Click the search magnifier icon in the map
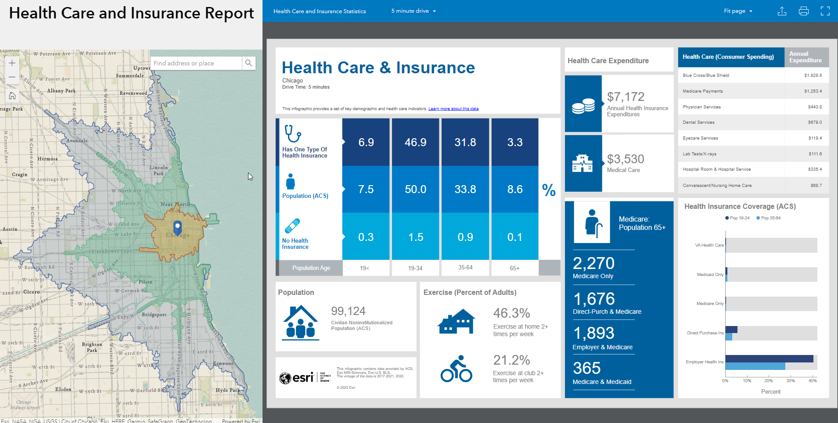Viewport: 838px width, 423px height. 248,63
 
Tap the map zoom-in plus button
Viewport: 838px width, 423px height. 12,63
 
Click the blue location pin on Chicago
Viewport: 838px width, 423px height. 177,227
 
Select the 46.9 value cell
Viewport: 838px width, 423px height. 415,142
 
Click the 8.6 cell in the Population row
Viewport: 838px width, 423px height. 514,189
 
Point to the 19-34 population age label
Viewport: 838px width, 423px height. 415,268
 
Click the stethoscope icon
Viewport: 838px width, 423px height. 292,133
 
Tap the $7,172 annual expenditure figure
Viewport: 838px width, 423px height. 626,97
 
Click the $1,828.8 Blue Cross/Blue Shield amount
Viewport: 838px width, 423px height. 813,75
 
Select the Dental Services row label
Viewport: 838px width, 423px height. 698,122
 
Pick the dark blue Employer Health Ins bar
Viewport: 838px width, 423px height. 769,358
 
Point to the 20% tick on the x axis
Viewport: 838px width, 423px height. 768,381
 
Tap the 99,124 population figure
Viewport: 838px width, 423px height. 348,311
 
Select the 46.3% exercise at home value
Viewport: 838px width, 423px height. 511,313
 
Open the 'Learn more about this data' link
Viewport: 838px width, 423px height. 453,109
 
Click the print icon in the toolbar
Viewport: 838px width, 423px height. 803,11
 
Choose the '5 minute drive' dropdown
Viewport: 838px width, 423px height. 414,11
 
